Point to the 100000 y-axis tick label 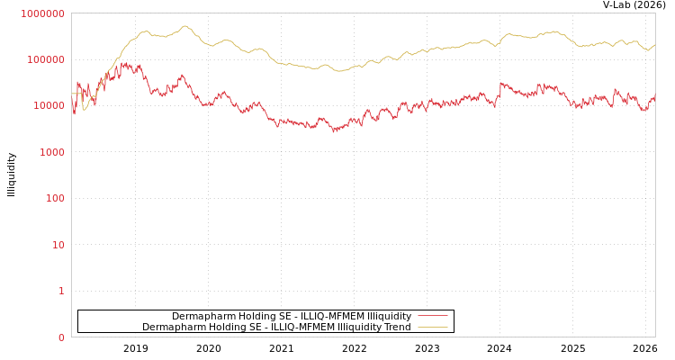pos(46,59)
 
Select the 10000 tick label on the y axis pos(49,105)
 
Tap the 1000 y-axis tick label pos(51,152)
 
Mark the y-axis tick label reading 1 pos(61,291)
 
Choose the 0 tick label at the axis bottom pos(61,337)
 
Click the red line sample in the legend pos(432,316)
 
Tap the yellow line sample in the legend pos(432,327)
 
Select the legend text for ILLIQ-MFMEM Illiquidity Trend pos(276,327)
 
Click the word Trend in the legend pos(397,327)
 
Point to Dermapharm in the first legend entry pos(201,316)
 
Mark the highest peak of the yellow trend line pos(186,26)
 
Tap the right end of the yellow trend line pos(654,44)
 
